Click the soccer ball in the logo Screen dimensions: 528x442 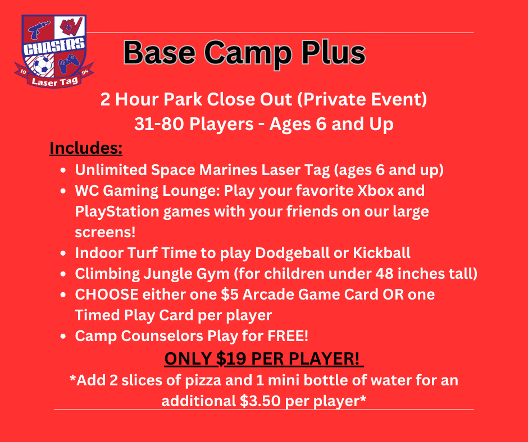(x=43, y=65)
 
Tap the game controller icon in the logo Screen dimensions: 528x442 (x=69, y=63)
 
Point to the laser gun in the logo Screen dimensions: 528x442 (x=38, y=30)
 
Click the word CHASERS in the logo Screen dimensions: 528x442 (x=54, y=47)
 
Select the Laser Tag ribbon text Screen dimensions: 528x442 (x=54, y=81)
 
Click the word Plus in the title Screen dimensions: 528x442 (x=333, y=53)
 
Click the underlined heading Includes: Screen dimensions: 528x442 (x=86, y=148)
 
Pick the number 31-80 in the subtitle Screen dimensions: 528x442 (x=159, y=124)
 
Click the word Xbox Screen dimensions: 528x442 (x=375, y=190)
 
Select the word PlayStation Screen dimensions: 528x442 (x=117, y=212)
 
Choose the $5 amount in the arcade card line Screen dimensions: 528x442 (x=230, y=294)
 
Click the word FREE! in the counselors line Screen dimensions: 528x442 (x=288, y=335)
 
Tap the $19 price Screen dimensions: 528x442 (x=231, y=358)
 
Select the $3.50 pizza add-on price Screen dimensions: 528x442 (x=260, y=400)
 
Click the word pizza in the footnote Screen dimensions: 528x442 (x=203, y=380)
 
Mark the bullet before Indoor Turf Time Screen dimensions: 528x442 (x=63, y=253)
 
